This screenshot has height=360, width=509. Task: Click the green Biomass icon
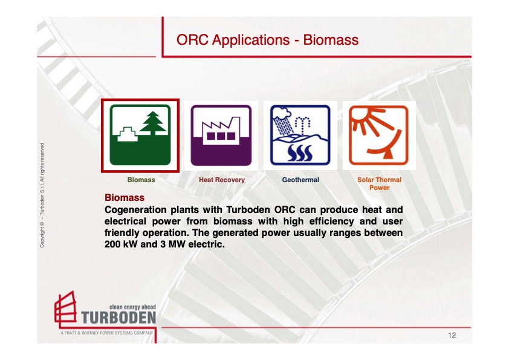[140, 136]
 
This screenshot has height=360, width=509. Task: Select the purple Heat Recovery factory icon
[221, 136]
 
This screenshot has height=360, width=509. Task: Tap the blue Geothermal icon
[300, 136]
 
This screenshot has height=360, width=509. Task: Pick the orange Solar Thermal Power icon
[378, 136]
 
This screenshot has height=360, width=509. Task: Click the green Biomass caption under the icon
[141, 180]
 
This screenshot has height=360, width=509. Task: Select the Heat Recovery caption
[222, 180]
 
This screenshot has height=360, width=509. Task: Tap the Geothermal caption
[300, 180]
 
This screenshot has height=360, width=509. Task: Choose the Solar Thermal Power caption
[379, 183]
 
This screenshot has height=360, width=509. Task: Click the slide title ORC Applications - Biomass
[267, 40]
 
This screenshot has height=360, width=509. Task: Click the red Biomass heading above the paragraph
[125, 198]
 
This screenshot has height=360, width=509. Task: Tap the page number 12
[452, 335]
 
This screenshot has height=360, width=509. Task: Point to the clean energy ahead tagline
[132, 307]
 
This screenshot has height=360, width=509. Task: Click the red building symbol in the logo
[65, 310]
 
